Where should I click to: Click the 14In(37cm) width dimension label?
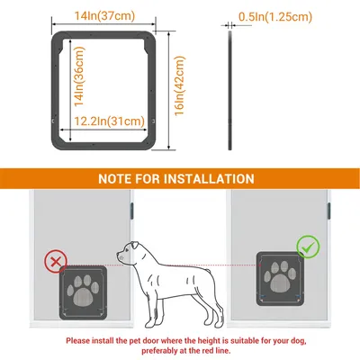click(x=104, y=16)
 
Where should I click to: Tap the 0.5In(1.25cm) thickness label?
click(x=275, y=17)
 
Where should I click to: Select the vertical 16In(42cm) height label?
click(x=179, y=85)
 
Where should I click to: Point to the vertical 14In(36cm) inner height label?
click(x=79, y=76)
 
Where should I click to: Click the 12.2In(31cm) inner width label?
click(x=109, y=121)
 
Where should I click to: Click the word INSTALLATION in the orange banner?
click(x=209, y=179)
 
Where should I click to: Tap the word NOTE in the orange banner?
click(x=115, y=179)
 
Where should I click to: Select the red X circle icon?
click(x=56, y=262)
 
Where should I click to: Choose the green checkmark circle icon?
click(x=308, y=247)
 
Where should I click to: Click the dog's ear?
click(x=134, y=247)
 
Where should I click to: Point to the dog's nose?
click(x=118, y=255)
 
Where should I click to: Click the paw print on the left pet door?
click(x=84, y=291)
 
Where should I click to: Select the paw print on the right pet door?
click(x=280, y=277)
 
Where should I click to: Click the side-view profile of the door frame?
click(x=230, y=90)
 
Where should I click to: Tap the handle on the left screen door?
click(x=131, y=211)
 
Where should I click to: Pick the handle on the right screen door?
click(x=328, y=211)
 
